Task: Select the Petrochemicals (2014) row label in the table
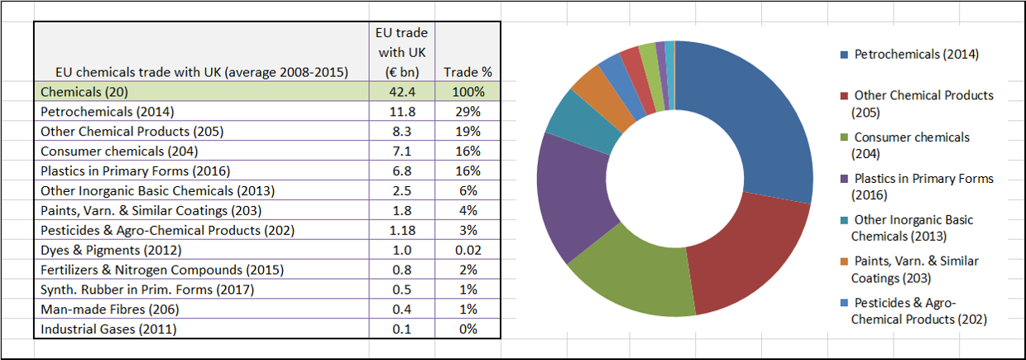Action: coord(108,111)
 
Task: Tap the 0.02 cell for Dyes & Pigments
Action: coord(467,250)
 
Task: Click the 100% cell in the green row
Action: coord(467,91)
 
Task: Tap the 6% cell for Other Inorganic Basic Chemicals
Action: coord(467,190)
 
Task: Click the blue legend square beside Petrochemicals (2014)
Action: coord(844,55)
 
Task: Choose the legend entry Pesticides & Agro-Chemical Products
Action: coord(918,310)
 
